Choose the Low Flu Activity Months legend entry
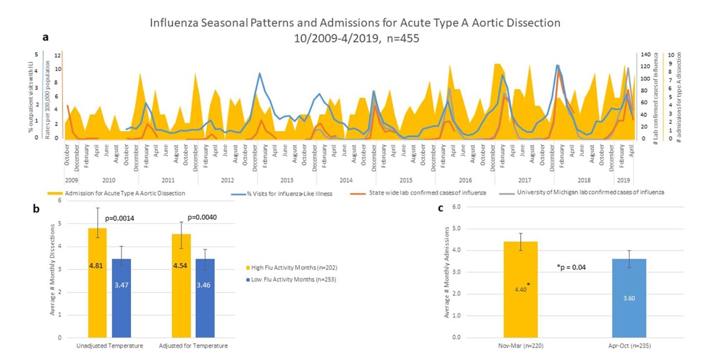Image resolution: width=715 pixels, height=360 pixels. point(293,282)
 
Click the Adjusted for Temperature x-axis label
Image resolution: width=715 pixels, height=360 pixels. point(193,346)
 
